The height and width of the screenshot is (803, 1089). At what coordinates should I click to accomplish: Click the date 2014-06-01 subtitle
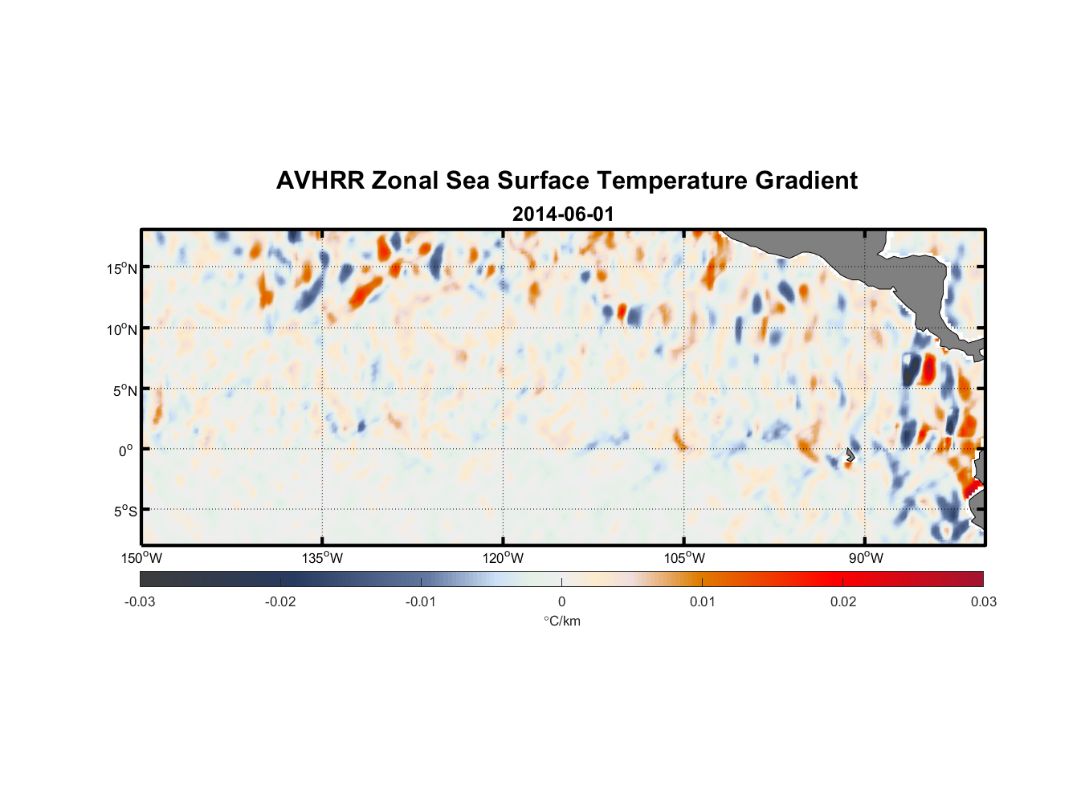click(563, 214)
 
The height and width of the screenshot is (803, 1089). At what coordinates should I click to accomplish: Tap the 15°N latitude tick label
click(122, 268)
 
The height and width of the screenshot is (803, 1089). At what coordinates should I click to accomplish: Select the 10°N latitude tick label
click(122, 329)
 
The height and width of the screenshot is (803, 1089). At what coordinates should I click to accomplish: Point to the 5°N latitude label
click(124, 390)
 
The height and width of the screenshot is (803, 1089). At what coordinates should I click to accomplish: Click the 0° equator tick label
click(126, 450)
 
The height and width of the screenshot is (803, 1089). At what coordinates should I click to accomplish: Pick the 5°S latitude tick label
click(124, 512)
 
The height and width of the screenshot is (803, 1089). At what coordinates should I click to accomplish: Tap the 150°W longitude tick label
click(142, 558)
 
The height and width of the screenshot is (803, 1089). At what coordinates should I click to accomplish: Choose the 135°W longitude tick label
click(323, 558)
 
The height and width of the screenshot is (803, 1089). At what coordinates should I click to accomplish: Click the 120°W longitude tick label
click(504, 558)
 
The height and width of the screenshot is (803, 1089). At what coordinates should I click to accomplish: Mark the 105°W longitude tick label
click(684, 558)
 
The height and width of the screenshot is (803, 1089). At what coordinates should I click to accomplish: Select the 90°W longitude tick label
click(865, 558)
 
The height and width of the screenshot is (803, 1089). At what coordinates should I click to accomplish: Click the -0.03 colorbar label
click(140, 602)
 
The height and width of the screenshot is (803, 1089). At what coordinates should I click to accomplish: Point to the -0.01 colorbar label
click(421, 602)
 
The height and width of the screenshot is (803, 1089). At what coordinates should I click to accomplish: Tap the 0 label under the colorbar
click(561, 602)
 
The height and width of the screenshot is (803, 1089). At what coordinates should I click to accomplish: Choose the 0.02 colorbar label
click(843, 602)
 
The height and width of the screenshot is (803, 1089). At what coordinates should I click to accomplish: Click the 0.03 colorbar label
click(983, 602)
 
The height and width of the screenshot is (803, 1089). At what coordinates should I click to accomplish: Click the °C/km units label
click(562, 621)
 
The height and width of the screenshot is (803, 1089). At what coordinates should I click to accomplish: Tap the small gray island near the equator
click(850, 454)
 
